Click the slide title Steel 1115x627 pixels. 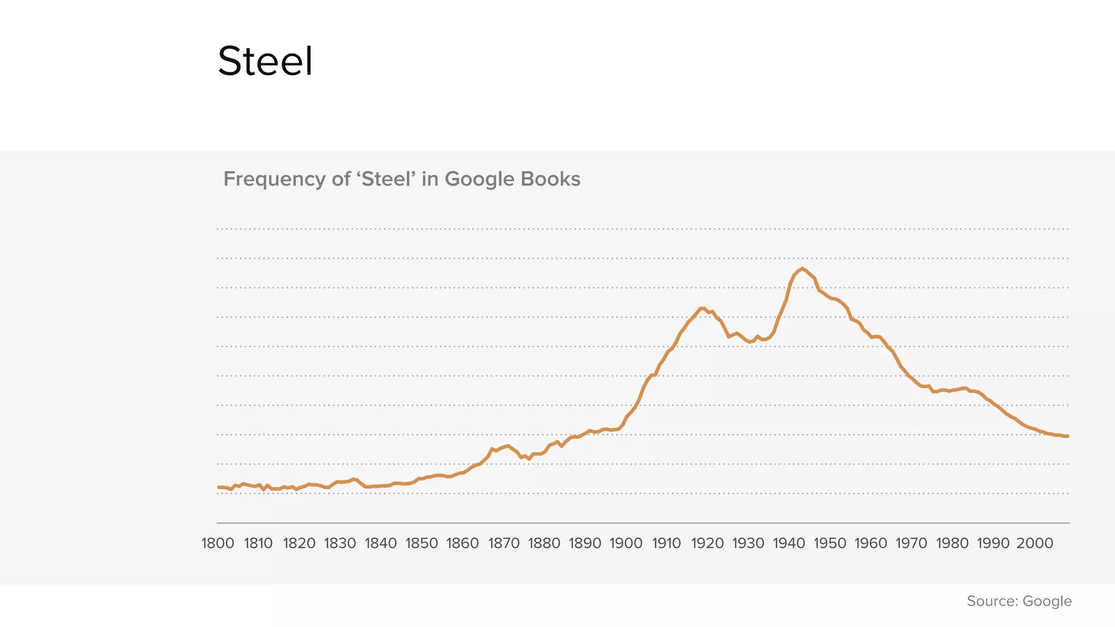click(x=265, y=61)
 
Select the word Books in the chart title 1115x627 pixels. click(x=550, y=179)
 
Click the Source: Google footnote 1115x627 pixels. click(x=1019, y=601)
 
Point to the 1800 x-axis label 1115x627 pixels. click(x=218, y=543)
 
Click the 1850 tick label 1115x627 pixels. click(x=421, y=543)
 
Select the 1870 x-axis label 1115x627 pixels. click(x=504, y=543)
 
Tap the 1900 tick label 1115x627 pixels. click(x=626, y=543)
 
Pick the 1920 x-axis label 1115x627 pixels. click(x=707, y=543)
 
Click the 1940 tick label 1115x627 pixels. click(x=789, y=543)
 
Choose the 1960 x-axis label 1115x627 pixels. click(x=871, y=543)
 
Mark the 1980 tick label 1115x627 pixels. click(x=952, y=543)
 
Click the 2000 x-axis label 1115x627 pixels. click(x=1034, y=543)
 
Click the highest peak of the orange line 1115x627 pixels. click(x=802, y=268)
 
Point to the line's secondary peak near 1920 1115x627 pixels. click(x=702, y=308)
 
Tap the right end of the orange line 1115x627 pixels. click(x=1068, y=436)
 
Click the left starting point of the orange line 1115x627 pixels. click(x=218, y=487)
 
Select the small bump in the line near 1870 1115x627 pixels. click(x=507, y=446)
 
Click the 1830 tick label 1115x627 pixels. click(x=340, y=543)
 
